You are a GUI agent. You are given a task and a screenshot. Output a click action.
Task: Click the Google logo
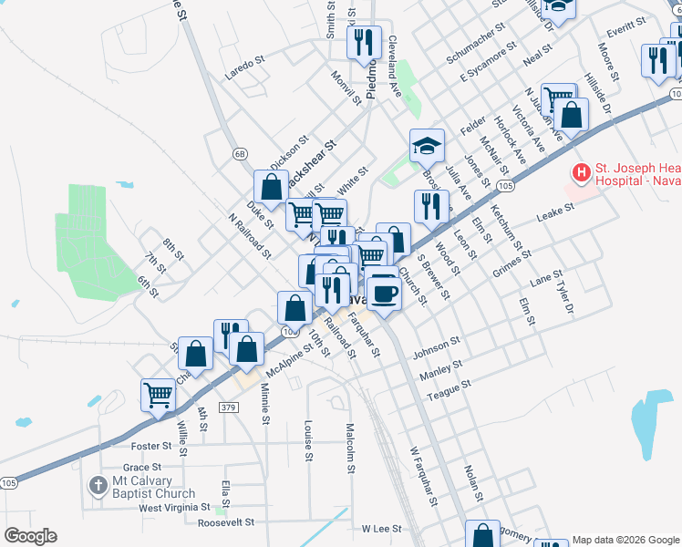pyautogui.click(x=30, y=536)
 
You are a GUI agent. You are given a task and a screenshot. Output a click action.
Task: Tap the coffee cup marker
pyautogui.click(x=385, y=294)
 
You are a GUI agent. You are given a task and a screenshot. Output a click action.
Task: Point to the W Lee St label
pyautogui.click(x=382, y=528)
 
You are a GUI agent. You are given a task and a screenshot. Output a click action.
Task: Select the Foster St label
pyautogui.click(x=151, y=446)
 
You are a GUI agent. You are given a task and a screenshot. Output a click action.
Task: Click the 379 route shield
pyautogui.click(x=229, y=406)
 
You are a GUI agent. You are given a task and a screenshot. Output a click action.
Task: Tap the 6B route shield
pyautogui.click(x=240, y=153)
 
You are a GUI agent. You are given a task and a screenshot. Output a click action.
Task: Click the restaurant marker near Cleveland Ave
pyautogui.click(x=364, y=42)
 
